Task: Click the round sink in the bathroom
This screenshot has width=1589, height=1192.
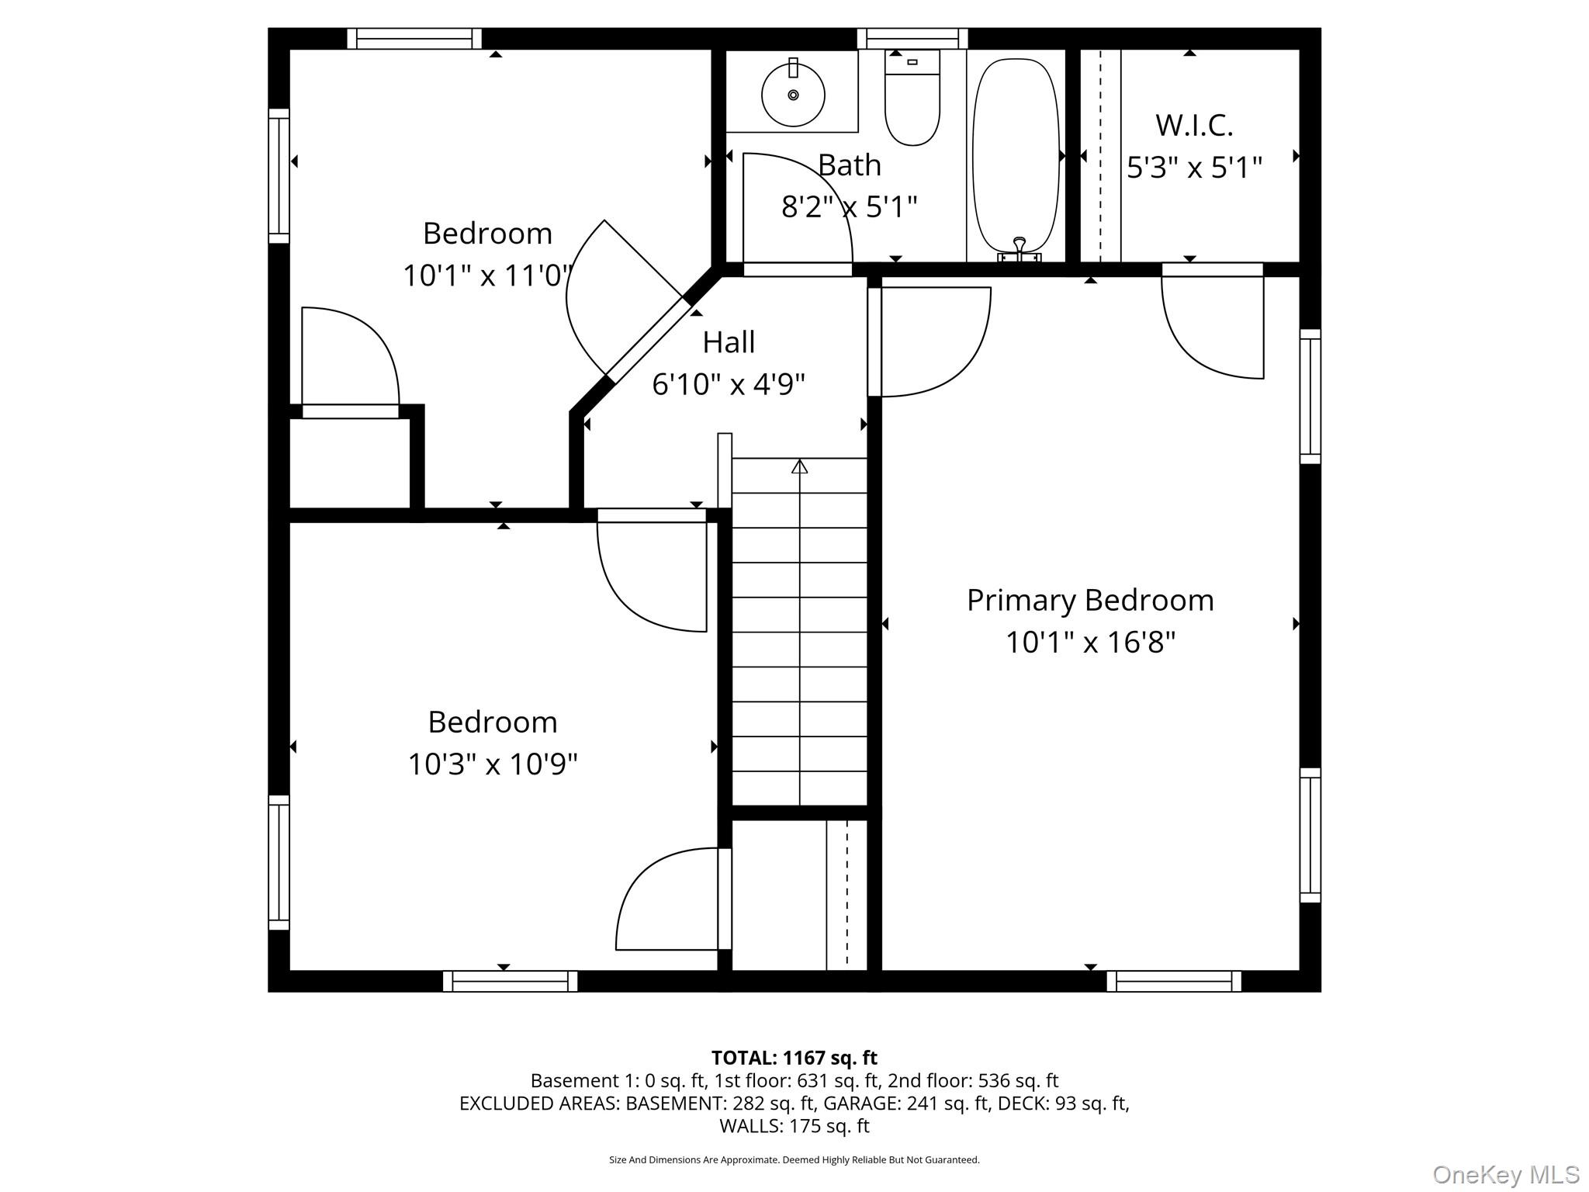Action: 793,95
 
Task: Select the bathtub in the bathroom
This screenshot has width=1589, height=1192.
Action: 1016,155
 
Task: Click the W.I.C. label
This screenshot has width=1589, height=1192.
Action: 1194,125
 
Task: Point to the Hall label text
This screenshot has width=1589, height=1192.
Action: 729,342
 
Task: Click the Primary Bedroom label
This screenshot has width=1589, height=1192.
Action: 1090,601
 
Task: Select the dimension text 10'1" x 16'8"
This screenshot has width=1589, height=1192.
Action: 1090,643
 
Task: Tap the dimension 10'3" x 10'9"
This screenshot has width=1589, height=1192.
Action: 493,764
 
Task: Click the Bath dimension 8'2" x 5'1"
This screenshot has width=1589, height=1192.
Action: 849,207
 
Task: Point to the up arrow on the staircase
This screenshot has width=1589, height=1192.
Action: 800,466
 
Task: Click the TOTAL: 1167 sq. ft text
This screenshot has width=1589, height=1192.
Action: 794,1058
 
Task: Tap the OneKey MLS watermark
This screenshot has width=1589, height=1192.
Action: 1505,1174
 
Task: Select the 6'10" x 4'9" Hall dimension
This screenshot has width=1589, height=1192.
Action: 729,384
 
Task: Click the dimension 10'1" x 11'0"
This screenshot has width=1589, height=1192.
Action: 488,275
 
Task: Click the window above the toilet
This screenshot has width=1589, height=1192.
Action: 912,39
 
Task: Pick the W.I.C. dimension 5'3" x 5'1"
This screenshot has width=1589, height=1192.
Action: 1194,168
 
